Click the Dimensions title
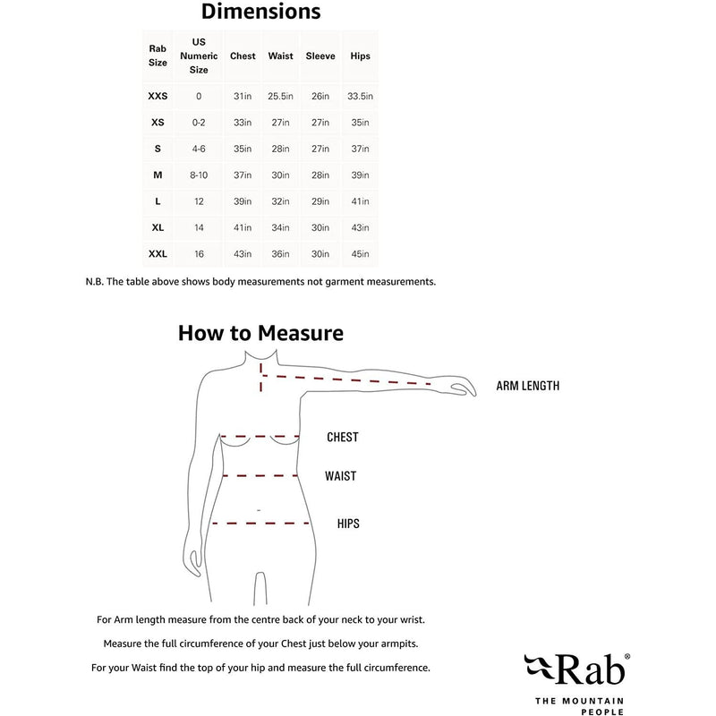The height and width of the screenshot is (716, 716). (260, 13)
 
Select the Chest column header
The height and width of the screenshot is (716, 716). (243, 56)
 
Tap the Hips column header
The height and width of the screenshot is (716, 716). (361, 56)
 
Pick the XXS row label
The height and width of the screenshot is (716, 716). (158, 96)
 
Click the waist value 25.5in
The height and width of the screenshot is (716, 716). (281, 96)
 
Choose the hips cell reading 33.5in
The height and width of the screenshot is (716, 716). (361, 96)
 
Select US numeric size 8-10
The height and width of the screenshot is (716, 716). (199, 175)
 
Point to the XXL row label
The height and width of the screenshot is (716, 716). (158, 254)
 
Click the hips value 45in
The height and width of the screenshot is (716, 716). (361, 254)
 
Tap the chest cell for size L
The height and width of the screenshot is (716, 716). (243, 202)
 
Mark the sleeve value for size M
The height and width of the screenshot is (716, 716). (320, 175)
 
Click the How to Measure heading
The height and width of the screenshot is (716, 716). (260, 334)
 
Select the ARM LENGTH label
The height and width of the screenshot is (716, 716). (528, 387)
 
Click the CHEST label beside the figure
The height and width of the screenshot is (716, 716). (342, 438)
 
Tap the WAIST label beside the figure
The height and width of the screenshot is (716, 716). (340, 476)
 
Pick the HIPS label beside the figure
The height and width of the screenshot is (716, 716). (348, 524)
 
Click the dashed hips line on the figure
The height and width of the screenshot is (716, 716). (260, 523)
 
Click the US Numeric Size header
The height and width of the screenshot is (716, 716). (199, 56)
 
